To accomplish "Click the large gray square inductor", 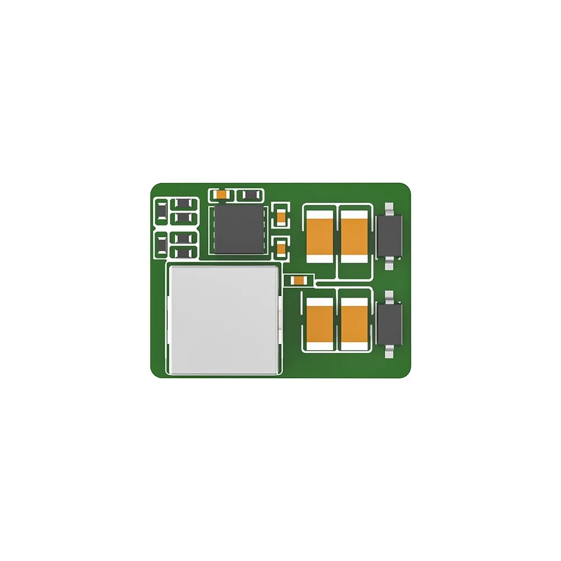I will point(223,320).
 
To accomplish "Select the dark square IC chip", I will point(238,229).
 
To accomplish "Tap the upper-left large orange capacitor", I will point(320,235).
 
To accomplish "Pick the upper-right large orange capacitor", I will point(354,235).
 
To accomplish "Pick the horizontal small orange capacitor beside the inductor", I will point(298,280).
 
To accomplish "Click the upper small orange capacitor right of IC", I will point(281,216).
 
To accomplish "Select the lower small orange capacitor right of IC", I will point(281,247).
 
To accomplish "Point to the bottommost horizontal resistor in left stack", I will point(183,252).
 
